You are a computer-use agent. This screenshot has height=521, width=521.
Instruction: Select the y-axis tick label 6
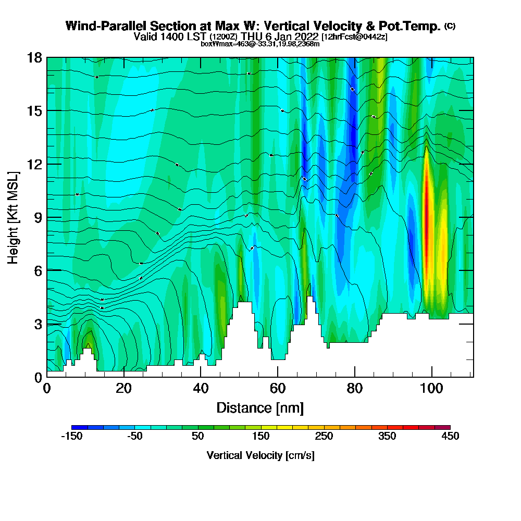point(38,270)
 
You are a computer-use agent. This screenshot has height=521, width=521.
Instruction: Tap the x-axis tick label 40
point(201,389)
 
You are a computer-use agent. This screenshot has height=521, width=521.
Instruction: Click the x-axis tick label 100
point(431,389)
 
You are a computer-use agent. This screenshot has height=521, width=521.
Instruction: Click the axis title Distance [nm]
point(260,407)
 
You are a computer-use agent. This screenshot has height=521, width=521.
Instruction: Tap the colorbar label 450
point(450,437)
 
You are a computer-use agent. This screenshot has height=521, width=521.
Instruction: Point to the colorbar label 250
point(324,437)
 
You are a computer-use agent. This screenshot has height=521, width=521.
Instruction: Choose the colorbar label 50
point(197,437)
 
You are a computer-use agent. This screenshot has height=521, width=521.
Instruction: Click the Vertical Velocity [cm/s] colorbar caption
point(260,455)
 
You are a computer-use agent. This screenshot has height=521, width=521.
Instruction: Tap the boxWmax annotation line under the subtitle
point(260,44)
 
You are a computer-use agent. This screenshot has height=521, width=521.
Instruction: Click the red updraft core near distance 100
point(427,214)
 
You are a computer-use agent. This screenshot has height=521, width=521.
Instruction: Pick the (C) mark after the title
point(450,26)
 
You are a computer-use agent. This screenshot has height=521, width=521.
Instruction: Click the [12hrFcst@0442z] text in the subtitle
point(354,37)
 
